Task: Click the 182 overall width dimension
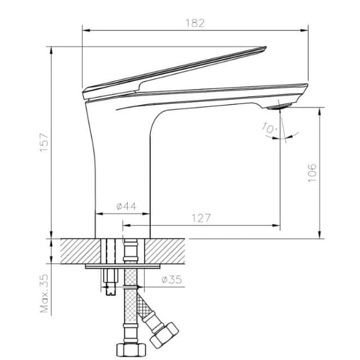click(x=195, y=23)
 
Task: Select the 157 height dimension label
click(x=44, y=142)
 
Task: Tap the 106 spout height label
click(x=312, y=173)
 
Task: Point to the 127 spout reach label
click(x=201, y=218)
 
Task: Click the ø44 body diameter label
click(x=126, y=206)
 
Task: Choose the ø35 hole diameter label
click(x=172, y=280)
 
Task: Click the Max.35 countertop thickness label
click(x=44, y=294)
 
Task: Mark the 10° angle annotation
click(x=269, y=128)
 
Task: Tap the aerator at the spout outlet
click(x=280, y=107)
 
